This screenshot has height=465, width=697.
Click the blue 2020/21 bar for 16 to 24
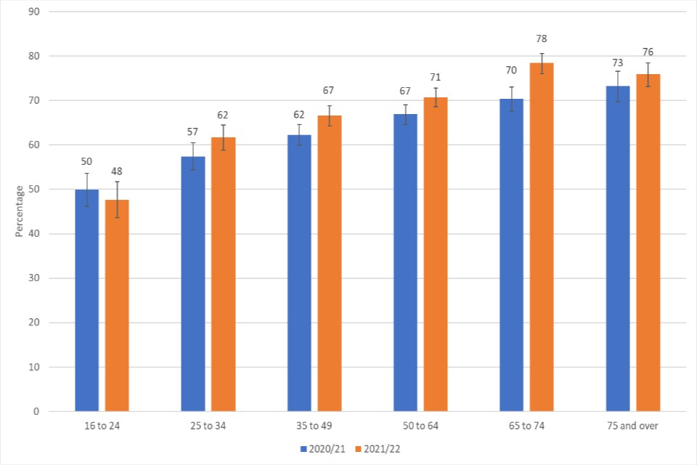86,300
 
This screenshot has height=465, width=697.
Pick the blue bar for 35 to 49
299,273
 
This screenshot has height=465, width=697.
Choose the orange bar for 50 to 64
436,254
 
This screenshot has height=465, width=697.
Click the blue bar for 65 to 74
512,255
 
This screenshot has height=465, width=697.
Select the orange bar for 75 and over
648,243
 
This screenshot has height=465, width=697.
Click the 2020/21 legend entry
322,449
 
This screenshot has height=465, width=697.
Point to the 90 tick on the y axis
34,12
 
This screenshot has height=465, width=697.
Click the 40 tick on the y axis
34,234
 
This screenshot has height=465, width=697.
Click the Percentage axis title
20,211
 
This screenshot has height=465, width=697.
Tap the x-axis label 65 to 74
526,426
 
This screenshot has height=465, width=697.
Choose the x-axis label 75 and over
633,426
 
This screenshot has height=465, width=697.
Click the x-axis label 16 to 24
102,426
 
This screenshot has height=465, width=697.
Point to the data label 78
541,39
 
